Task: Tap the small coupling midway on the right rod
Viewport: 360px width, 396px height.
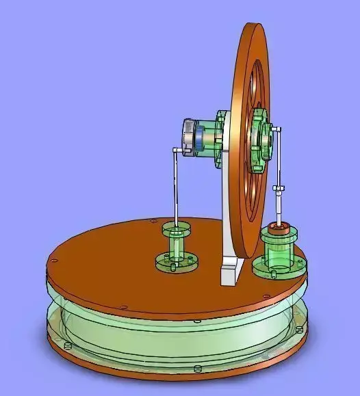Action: click(x=279, y=187)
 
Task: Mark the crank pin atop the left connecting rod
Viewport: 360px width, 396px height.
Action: click(x=178, y=150)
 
